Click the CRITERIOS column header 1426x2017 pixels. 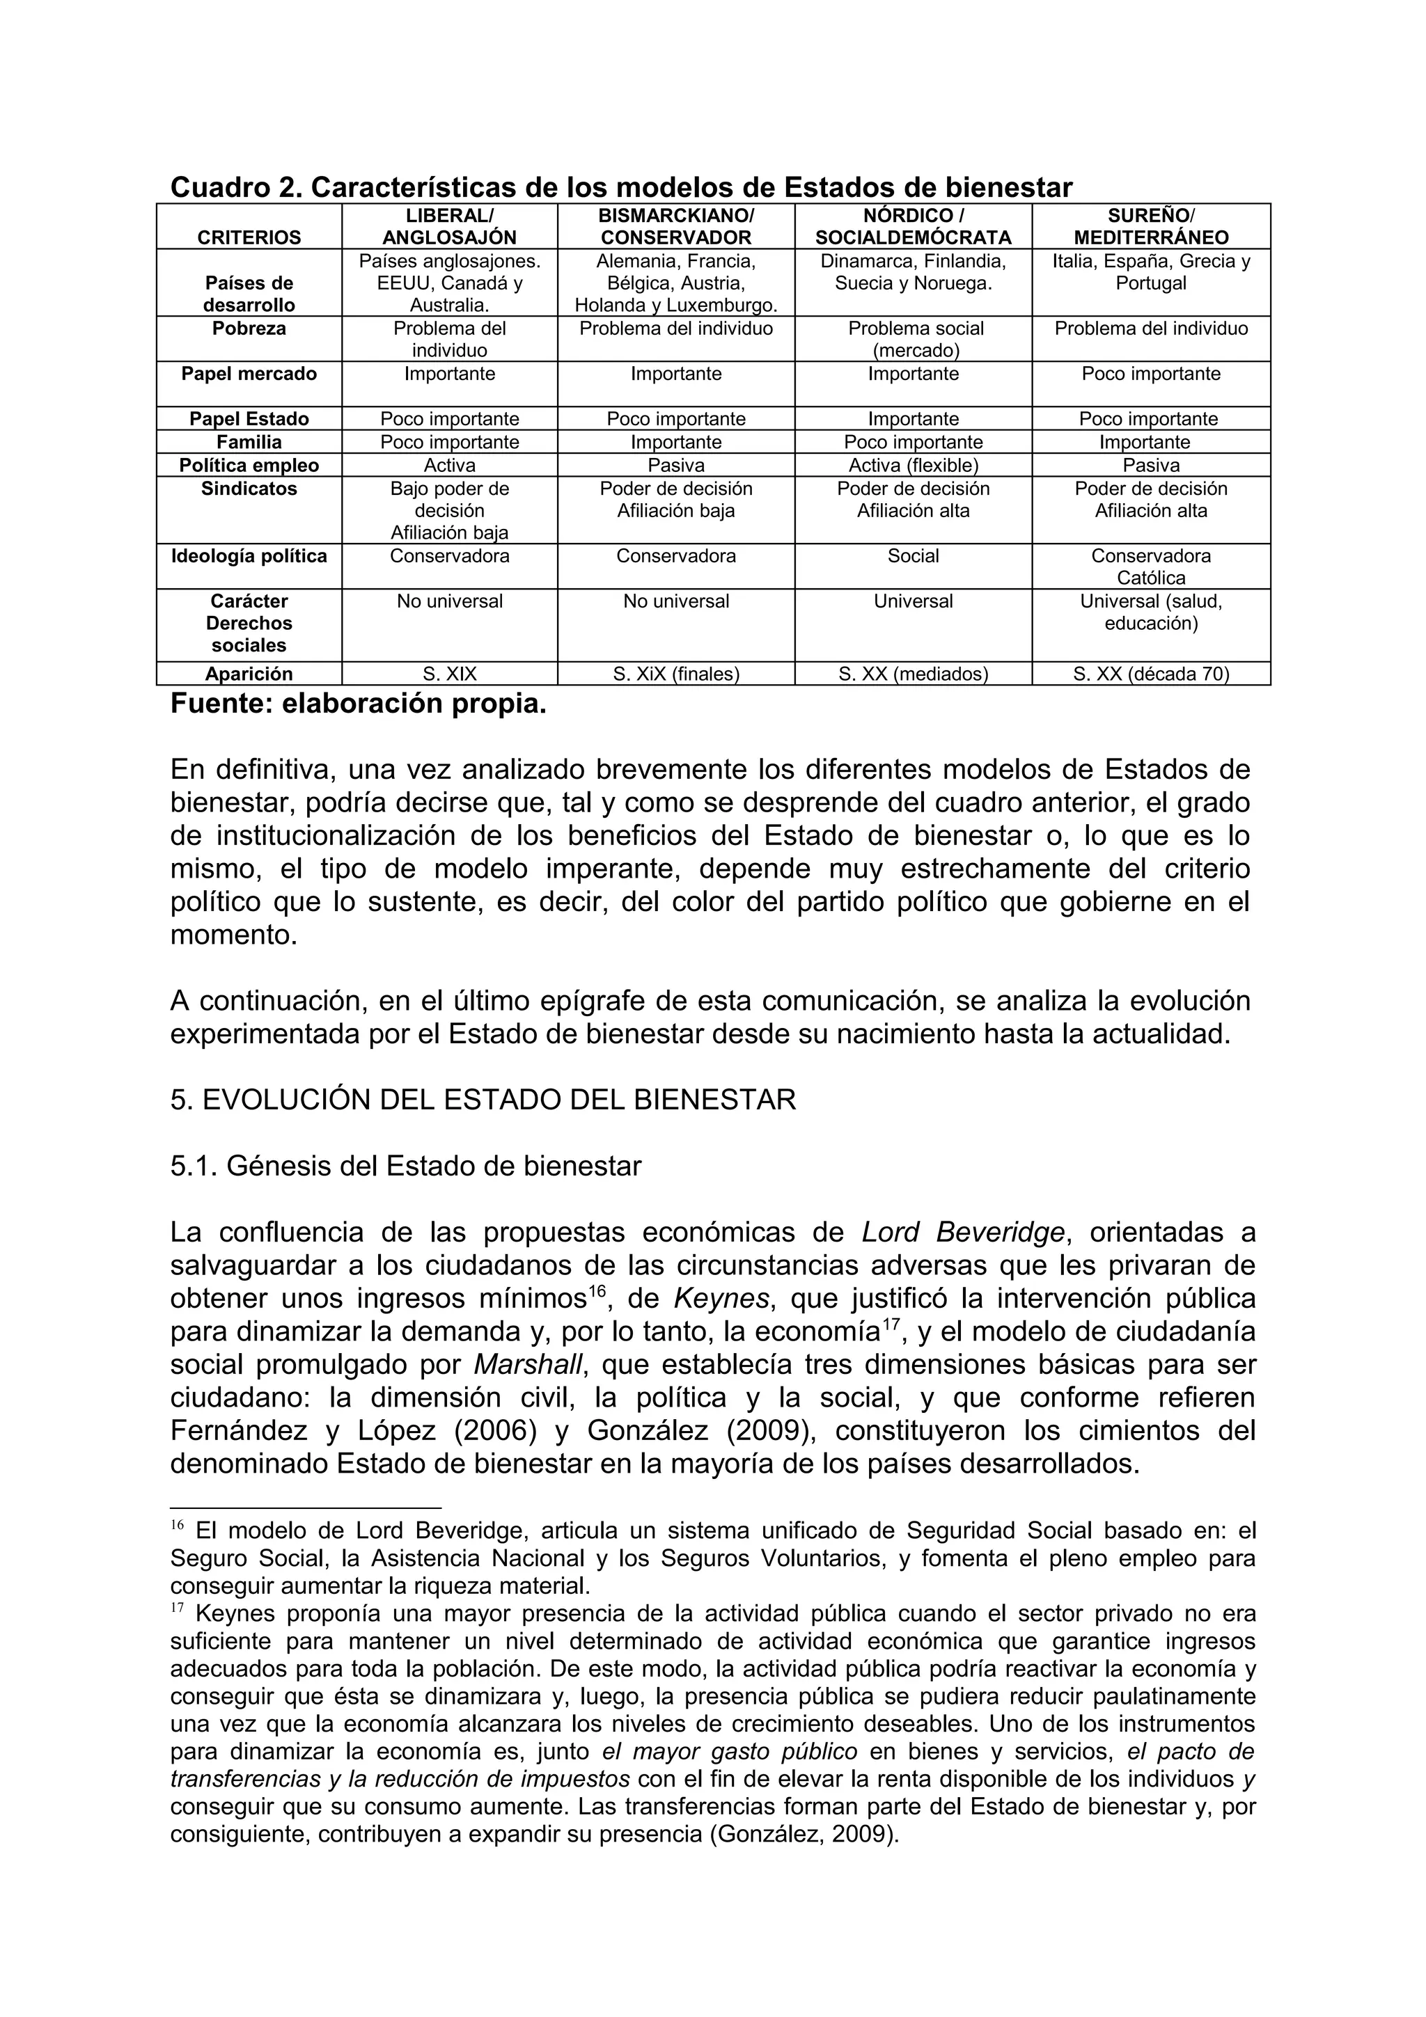[x=249, y=237]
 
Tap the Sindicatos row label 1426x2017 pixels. [x=249, y=489]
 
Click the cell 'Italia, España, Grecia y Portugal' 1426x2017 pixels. [x=1151, y=272]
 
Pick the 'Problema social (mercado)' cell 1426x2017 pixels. [x=913, y=339]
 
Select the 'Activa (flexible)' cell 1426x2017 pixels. [x=913, y=466]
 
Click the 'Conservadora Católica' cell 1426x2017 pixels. [x=1151, y=567]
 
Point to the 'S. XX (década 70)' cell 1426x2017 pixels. [x=1151, y=674]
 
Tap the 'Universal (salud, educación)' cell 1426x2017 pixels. [x=1151, y=612]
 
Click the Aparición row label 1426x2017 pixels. [x=249, y=674]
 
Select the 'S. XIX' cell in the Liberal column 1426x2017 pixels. [x=449, y=674]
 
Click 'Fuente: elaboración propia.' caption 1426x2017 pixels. [x=358, y=704]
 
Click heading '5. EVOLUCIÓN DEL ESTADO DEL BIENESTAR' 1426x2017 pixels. [x=483, y=1100]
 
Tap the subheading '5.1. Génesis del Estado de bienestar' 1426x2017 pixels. [x=405, y=1166]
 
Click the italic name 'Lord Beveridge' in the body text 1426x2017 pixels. [x=963, y=1233]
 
